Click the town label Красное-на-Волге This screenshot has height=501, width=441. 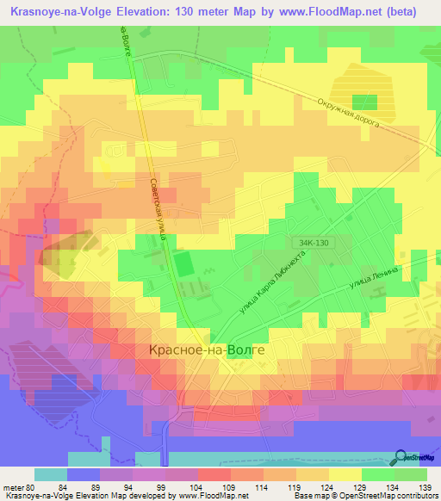tap(202, 350)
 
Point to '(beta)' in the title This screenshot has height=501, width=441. tap(409, 11)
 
